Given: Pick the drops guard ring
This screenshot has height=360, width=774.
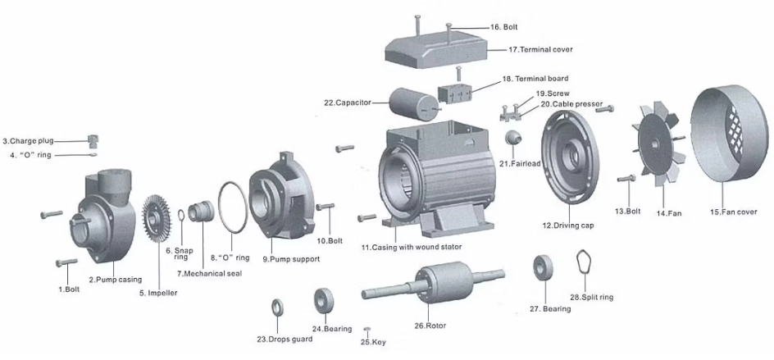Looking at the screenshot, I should pyautogui.click(x=276, y=309).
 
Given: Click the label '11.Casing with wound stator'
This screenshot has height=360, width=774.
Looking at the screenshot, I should pyautogui.click(x=411, y=246).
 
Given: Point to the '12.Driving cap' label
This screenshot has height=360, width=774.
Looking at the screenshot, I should pyautogui.click(x=568, y=225).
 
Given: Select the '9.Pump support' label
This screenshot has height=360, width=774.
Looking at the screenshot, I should pyautogui.click(x=291, y=259).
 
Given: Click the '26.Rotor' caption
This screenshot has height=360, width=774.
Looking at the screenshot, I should pyautogui.click(x=430, y=326).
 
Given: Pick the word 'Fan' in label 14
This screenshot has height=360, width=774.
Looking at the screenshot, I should pyautogui.click(x=674, y=213).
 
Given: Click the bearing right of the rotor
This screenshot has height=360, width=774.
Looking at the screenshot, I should pyautogui.click(x=541, y=268).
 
